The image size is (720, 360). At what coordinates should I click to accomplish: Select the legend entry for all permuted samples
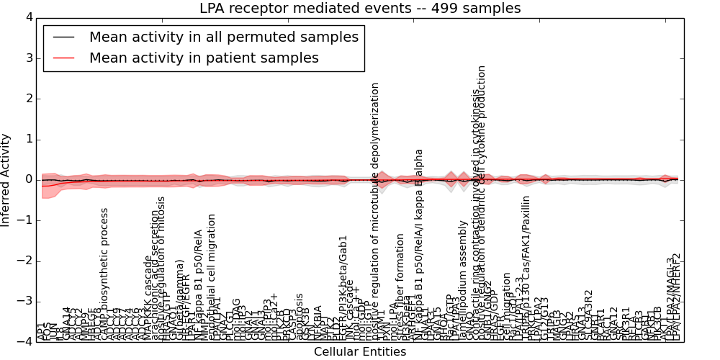pos(223,37)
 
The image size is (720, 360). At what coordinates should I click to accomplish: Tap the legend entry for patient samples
pos(204,58)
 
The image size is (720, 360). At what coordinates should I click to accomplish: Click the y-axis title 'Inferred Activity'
pos(6,180)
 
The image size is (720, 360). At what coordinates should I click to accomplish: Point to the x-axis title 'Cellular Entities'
pos(360,352)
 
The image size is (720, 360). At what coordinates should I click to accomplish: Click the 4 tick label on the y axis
pos(29,17)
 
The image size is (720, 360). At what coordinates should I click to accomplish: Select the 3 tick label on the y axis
pos(29,58)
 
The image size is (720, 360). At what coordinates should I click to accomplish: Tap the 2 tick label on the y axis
pos(29,99)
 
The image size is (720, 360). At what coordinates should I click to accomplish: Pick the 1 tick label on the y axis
pos(29,139)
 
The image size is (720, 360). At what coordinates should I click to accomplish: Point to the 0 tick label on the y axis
pos(29,180)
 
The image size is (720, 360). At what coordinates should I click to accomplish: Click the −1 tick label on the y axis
pos(26,220)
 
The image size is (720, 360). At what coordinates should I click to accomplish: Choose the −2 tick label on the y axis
pos(26,261)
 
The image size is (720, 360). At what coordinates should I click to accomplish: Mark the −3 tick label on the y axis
pos(26,302)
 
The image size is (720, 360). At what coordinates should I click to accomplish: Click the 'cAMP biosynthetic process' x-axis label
pos(105,274)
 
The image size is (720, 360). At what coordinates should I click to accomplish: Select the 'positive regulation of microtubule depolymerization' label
pos(375,209)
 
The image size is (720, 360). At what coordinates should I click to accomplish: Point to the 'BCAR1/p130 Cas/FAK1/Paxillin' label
pos(526,266)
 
